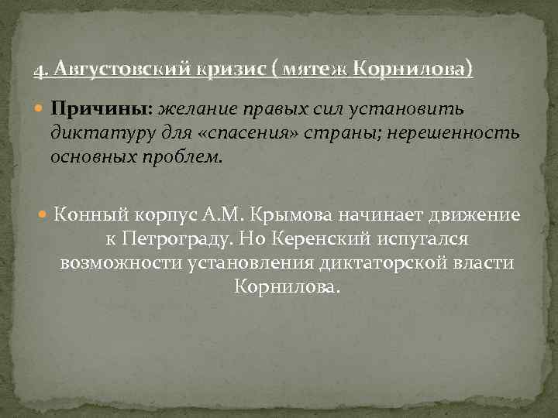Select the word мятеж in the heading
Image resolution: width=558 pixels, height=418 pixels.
point(315,70)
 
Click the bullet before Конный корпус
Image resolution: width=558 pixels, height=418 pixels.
point(44,215)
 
